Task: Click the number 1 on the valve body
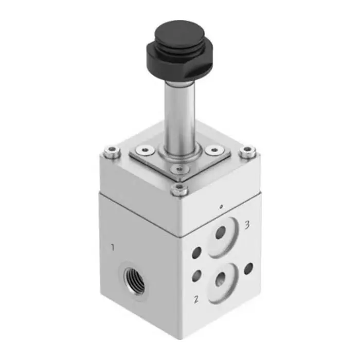pyautogui.click(x=113, y=248)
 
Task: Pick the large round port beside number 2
pyautogui.click(x=222, y=280)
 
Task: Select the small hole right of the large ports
pyautogui.click(x=248, y=268)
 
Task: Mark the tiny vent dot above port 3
pyautogui.click(x=220, y=206)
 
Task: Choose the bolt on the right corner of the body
pyautogui.click(x=249, y=151)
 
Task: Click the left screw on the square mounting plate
pyautogui.click(x=143, y=150)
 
